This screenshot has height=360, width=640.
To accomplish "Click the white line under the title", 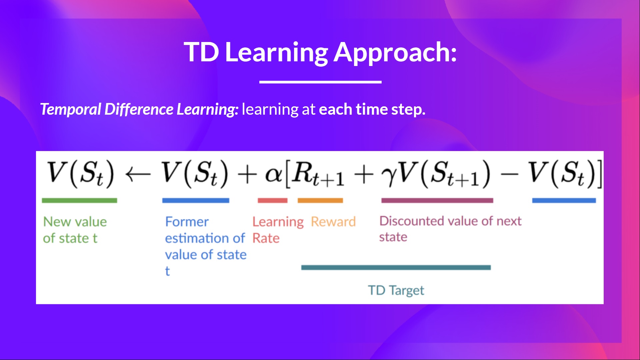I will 320,82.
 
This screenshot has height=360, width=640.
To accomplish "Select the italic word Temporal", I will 70,109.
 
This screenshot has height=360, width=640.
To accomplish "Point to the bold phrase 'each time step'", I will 372,109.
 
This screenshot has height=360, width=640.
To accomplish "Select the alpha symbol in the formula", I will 273,175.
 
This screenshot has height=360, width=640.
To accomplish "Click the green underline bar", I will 79,200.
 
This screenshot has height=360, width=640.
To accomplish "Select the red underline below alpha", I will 272,200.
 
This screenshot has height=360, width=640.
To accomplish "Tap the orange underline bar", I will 320,200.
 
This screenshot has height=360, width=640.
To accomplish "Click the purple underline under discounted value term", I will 437,200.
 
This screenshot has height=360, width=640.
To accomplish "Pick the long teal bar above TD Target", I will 396,267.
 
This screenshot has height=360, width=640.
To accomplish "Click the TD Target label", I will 396,290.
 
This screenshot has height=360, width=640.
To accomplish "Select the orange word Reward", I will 333,222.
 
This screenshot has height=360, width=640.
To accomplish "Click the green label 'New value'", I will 75,222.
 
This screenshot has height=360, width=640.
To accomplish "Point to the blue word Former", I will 187,222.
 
